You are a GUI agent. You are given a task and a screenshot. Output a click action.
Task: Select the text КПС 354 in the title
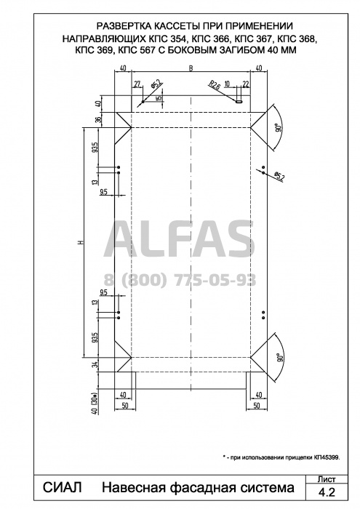[x=167, y=39]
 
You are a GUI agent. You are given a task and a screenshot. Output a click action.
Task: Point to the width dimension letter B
[x=191, y=68]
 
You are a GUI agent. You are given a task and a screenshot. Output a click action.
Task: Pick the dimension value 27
[x=137, y=84]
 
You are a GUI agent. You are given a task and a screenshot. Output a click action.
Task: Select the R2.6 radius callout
[x=215, y=85]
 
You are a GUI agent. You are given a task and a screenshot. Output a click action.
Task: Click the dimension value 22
[x=246, y=84]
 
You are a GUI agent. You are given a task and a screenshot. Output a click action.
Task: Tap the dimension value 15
[x=159, y=98]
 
